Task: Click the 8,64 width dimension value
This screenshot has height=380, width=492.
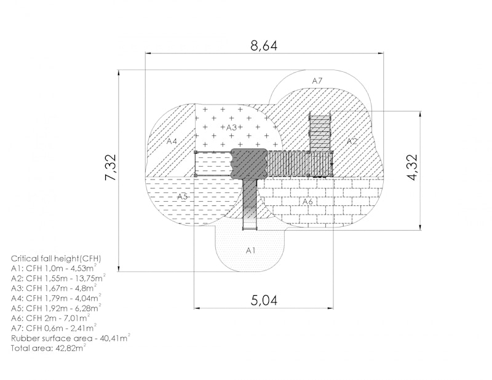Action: (x=264, y=46)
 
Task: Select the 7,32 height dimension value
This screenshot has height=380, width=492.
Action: (x=111, y=167)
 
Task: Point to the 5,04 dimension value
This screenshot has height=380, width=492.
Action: (x=264, y=301)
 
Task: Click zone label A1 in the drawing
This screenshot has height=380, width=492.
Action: (x=250, y=250)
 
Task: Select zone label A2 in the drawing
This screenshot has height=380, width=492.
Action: (x=352, y=141)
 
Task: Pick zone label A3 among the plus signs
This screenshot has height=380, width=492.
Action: (x=231, y=127)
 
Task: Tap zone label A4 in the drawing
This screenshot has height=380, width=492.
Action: (x=172, y=141)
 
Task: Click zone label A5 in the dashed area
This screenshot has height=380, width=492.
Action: (x=182, y=196)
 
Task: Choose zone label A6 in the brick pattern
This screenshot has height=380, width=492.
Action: (x=307, y=201)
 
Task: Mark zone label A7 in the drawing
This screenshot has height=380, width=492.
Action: (x=317, y=81)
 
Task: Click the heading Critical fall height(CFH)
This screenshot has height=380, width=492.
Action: (x=56, y=259)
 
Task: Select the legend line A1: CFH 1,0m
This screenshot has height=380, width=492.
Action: (x=54, y=268)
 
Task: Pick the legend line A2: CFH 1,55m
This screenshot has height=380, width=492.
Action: (x=58, y=278)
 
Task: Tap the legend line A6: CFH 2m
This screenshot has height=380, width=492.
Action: (x=50, y=318)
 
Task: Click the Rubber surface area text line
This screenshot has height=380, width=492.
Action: (x=71, y=338)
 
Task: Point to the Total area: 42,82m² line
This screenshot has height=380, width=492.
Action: (x=49, y=348)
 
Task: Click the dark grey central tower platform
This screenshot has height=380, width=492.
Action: (x=250, y=164)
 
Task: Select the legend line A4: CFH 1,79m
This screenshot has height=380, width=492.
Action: (x=56, y=298)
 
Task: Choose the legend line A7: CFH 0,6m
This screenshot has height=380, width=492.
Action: (x=54, y=328)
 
